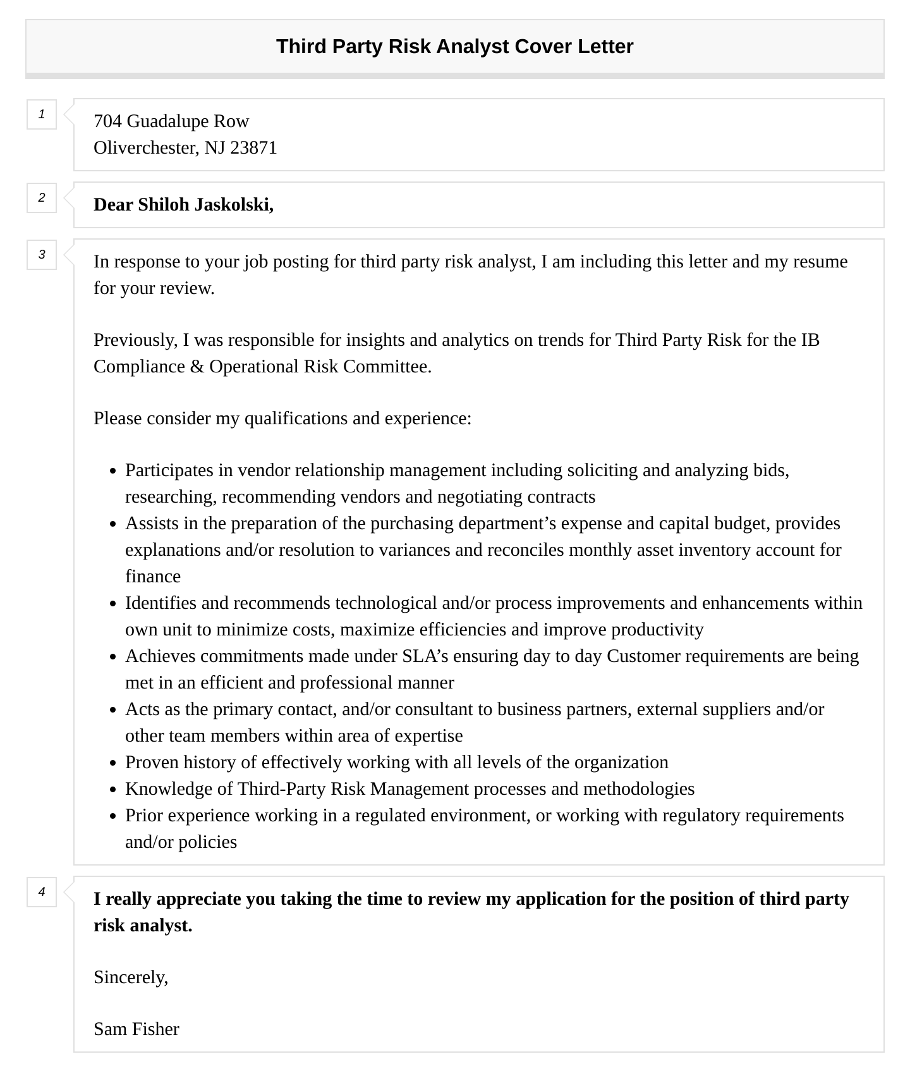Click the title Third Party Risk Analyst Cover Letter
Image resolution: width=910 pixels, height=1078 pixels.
tap(454, 47)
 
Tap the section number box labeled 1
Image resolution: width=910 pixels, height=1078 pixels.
tap(42, 114)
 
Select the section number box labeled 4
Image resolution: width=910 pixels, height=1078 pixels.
tap(42, 892)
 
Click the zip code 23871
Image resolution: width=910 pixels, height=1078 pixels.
tap(253, 148)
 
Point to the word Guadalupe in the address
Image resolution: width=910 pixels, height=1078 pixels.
tap(168, 121)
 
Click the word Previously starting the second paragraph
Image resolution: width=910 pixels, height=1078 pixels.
tap(135, 340)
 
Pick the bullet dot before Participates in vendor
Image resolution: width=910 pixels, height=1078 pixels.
tap(113, 472)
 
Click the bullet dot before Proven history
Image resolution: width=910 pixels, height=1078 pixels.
tap(113, 764)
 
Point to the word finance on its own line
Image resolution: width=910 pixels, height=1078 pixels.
tap(153, 577)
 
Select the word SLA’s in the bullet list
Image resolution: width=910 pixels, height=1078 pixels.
tap(425, 656)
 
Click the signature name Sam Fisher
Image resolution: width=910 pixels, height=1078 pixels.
tap(136, 1029)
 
